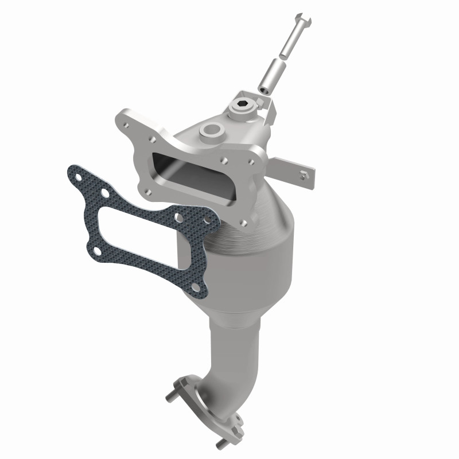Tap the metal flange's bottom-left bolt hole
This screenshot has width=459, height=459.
point(147,193)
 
